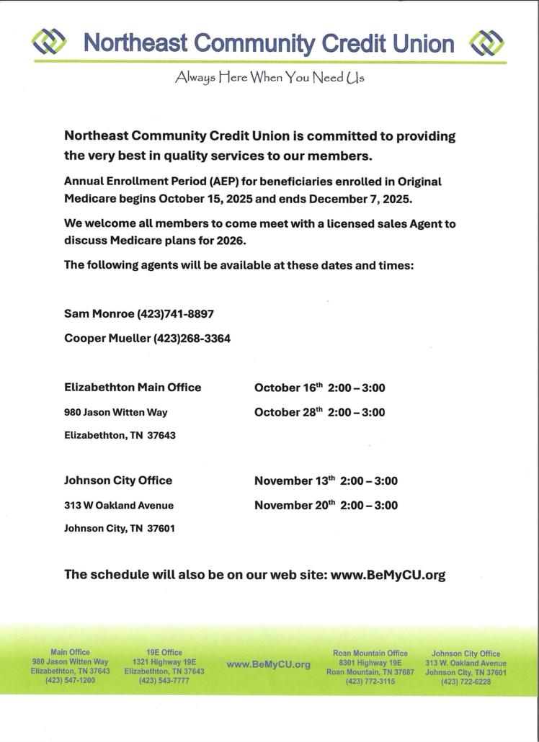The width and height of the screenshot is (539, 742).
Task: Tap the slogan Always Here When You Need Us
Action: (269, 79)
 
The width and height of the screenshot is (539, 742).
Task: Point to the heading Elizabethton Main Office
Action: (133, 388)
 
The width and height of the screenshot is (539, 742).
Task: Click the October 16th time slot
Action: (320, 388)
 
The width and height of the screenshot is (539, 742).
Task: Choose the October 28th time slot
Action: (320, 412)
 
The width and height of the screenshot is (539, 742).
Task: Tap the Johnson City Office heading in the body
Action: (118, 480)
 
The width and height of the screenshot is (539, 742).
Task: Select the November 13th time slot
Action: (326, 480)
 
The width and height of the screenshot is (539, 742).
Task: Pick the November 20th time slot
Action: (326, 505)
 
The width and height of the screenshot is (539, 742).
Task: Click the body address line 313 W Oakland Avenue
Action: (119, 506)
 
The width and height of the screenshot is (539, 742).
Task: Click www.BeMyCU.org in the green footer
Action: (268, 664)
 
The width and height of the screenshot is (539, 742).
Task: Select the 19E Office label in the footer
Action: (164, 653)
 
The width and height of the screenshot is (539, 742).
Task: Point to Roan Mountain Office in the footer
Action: (370, 653)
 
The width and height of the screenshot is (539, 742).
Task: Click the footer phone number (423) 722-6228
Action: (465, 681)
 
